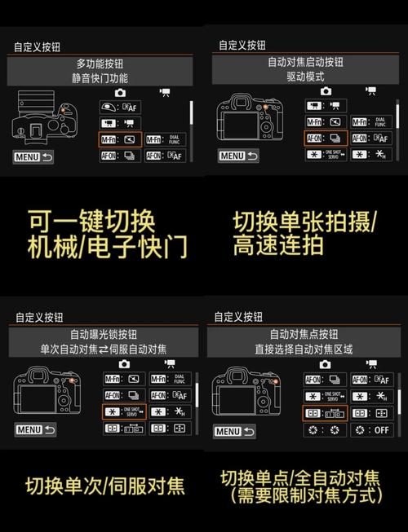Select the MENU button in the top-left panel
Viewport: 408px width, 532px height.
tap(33, 156)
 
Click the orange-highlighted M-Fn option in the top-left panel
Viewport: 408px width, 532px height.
tap(120, 140)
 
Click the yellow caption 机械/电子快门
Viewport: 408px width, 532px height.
tap(108, 246)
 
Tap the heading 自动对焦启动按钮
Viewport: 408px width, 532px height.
tap(305, 62)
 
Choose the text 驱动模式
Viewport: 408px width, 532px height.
tap(305, 77)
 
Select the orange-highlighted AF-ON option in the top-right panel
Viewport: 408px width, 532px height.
tap(326, 138)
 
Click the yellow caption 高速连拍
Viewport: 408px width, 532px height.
tap(278, 245)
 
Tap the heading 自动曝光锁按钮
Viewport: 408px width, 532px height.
tap(103, 334)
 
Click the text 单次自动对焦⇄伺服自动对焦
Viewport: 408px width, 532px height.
tap(103, 349)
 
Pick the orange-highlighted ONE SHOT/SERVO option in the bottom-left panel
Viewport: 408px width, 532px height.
tap(123, 411)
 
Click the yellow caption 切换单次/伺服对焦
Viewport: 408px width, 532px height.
tap(104, 486)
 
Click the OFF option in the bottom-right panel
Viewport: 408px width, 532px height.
tap(373, 429)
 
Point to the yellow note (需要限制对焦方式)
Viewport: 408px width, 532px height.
tap(305, 495)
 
